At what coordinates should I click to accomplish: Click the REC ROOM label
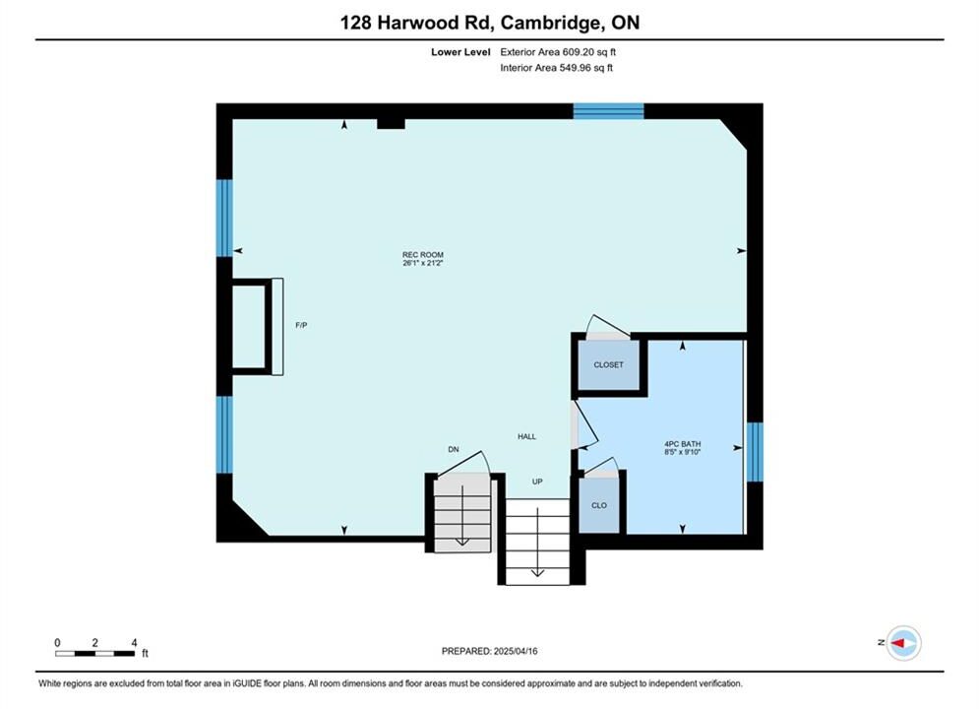coord(423,255)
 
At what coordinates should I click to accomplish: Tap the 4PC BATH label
coord(683,444)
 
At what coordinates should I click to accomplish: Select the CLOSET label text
coord(608,364)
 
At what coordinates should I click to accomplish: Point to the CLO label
coord(599,505)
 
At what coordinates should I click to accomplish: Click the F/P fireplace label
coord(301,325)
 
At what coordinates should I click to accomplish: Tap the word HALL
coord(526,436)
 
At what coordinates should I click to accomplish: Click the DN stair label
coord(454,449)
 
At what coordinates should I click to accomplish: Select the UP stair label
coord(537,482)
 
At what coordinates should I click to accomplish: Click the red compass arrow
coord(898,642)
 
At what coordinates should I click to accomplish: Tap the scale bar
coord(94,654)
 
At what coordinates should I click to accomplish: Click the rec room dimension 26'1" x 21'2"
coord(423,264)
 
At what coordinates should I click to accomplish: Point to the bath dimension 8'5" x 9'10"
coord(683,452)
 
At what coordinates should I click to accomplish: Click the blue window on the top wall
coord(608,111)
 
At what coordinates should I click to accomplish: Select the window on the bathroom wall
coord(755,452)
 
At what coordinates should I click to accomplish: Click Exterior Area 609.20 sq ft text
coord(558,52)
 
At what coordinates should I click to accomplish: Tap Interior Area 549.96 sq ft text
coord(556,68)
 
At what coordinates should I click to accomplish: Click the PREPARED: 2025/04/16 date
coord(490,651)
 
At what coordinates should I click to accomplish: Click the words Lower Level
coord(460,52)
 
